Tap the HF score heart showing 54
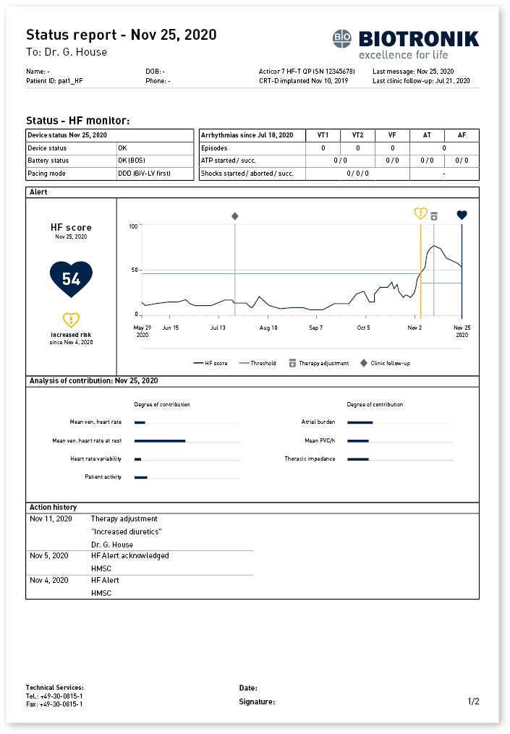tap(71, 279)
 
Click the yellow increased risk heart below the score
tap(71, 320)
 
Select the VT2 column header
tap(357, 135)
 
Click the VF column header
tap(392, 135)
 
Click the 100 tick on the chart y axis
tap(133, 227)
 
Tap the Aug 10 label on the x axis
tap(268, 328)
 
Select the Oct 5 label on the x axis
tap(363, 328)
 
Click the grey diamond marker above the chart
tap(234, 216)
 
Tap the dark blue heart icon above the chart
tap(462, 215)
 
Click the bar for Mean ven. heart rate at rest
tap(160, 440)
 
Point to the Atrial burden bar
tap(360, 422)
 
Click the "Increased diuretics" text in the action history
tap(126, 532)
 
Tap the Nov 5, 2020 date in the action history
tap(49, 555)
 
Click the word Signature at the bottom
tap(257, 701)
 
